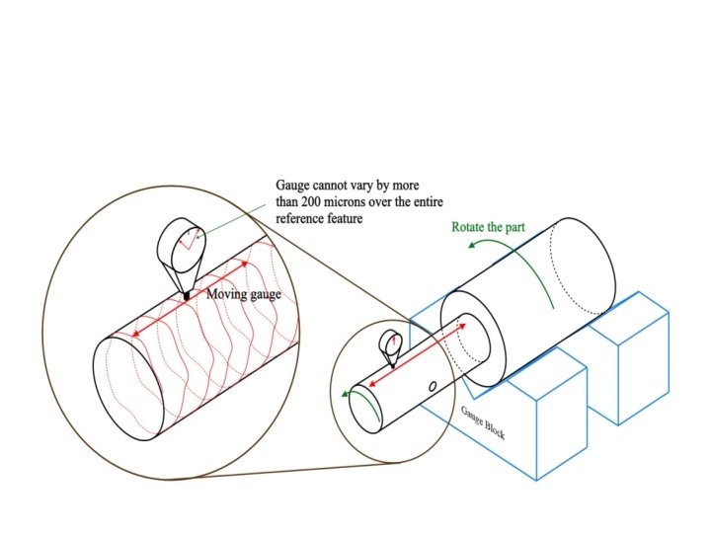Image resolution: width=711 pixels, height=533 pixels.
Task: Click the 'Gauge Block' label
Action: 483,421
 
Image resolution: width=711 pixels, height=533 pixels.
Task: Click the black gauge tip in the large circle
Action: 186,295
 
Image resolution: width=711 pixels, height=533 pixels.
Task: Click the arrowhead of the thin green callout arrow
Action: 197,237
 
